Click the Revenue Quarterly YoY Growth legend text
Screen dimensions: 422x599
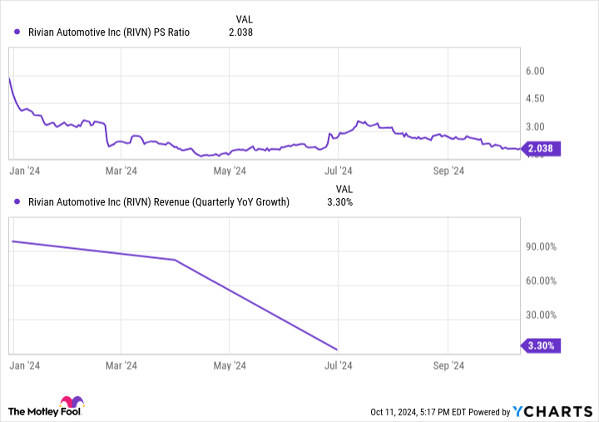[157, 201]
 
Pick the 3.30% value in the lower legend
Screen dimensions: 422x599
[339, 201]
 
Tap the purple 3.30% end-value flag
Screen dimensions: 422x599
[542, 345]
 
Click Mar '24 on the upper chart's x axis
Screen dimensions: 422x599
[121, 171]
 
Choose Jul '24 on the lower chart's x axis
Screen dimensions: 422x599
[337, 365]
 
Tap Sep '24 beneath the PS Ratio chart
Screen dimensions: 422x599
[448, 171]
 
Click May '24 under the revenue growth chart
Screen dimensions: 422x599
[230, 365]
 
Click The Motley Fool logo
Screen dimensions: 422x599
[47, 408]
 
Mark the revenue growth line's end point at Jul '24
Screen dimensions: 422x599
[337, 349]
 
